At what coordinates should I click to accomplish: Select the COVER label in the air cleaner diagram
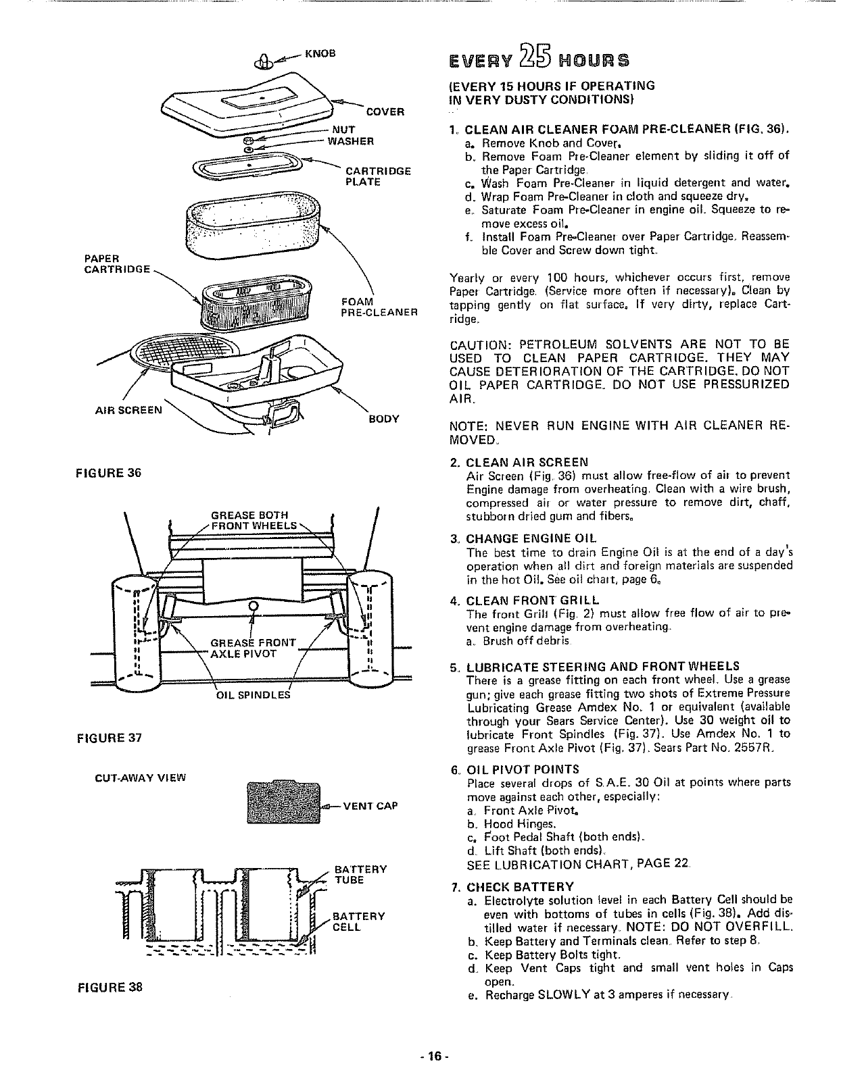click(x=385, y=111)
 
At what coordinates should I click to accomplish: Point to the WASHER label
click(x=350, y=141)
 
